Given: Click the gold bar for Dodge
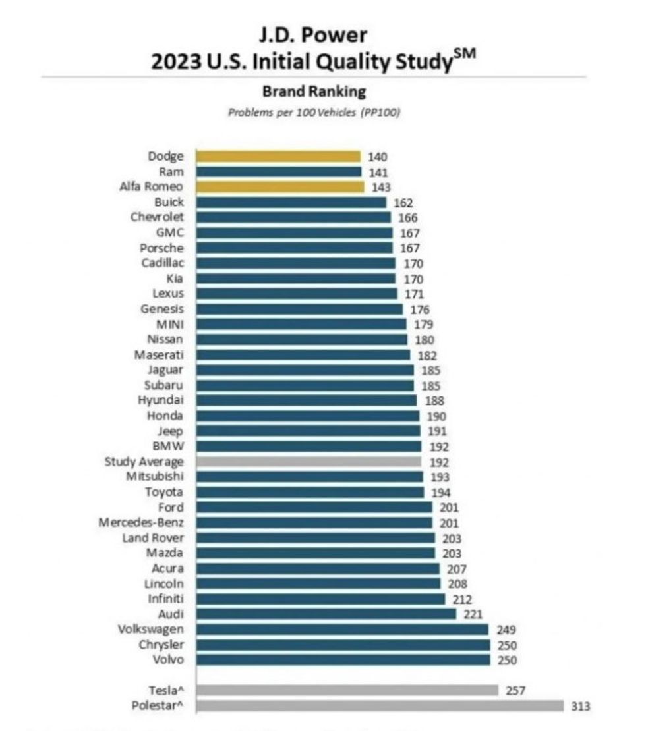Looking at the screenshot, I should coord(278,157).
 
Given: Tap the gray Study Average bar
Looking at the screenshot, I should coord(308,462).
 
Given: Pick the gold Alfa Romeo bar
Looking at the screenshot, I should coord(280,187).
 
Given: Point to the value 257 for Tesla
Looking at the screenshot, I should coord(515,690).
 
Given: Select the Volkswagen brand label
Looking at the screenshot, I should coord(150,629).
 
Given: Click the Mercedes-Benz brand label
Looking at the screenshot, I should coord(141,522).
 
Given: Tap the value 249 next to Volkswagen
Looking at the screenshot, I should coord(506,630).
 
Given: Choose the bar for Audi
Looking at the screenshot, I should coord(326,614).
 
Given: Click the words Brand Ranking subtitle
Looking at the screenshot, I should coord(314,91).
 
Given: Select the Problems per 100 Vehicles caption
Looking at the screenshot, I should coord(314,113).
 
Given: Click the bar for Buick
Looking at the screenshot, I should coord(291,202).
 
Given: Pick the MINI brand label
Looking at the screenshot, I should coord(169,324).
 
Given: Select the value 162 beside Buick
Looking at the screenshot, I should coord(403,203).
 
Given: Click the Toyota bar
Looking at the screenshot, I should coord(310,492).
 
